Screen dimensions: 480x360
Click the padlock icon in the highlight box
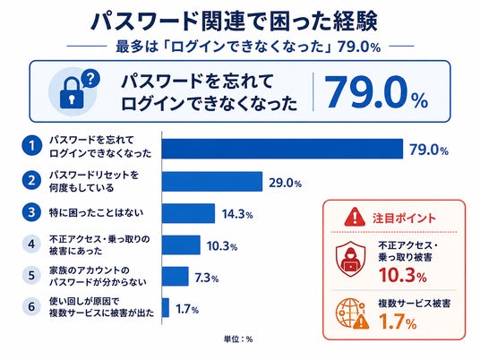coord(72,93)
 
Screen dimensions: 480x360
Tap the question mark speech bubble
coord(90,79)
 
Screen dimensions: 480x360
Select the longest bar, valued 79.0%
coord(282,149)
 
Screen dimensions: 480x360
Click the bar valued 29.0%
coord(212,182)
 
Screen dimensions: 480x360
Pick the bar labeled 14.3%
coord(189,213)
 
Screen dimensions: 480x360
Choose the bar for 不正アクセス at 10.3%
coord(181,244)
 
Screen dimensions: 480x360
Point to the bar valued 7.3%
coord(176,276)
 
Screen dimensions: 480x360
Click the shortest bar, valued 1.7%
coord(166,307)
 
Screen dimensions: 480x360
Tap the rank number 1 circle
coord(32,146)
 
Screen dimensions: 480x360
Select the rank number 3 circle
coord(31,212)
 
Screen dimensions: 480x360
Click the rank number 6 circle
coord(31,306)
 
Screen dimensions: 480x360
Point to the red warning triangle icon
coord(355,217)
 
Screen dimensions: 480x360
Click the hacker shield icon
coord(351,259)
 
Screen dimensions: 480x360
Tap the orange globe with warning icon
coord(352,313)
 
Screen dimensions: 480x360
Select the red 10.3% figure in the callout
coord(403,275)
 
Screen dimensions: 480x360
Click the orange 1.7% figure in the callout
coord(398,321)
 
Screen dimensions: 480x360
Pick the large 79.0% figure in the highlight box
coord(377,92)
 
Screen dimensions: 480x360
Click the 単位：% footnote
coord(238,339)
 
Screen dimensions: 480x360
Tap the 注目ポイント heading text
coord(404,218)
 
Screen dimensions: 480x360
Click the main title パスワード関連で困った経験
coord(235,21)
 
